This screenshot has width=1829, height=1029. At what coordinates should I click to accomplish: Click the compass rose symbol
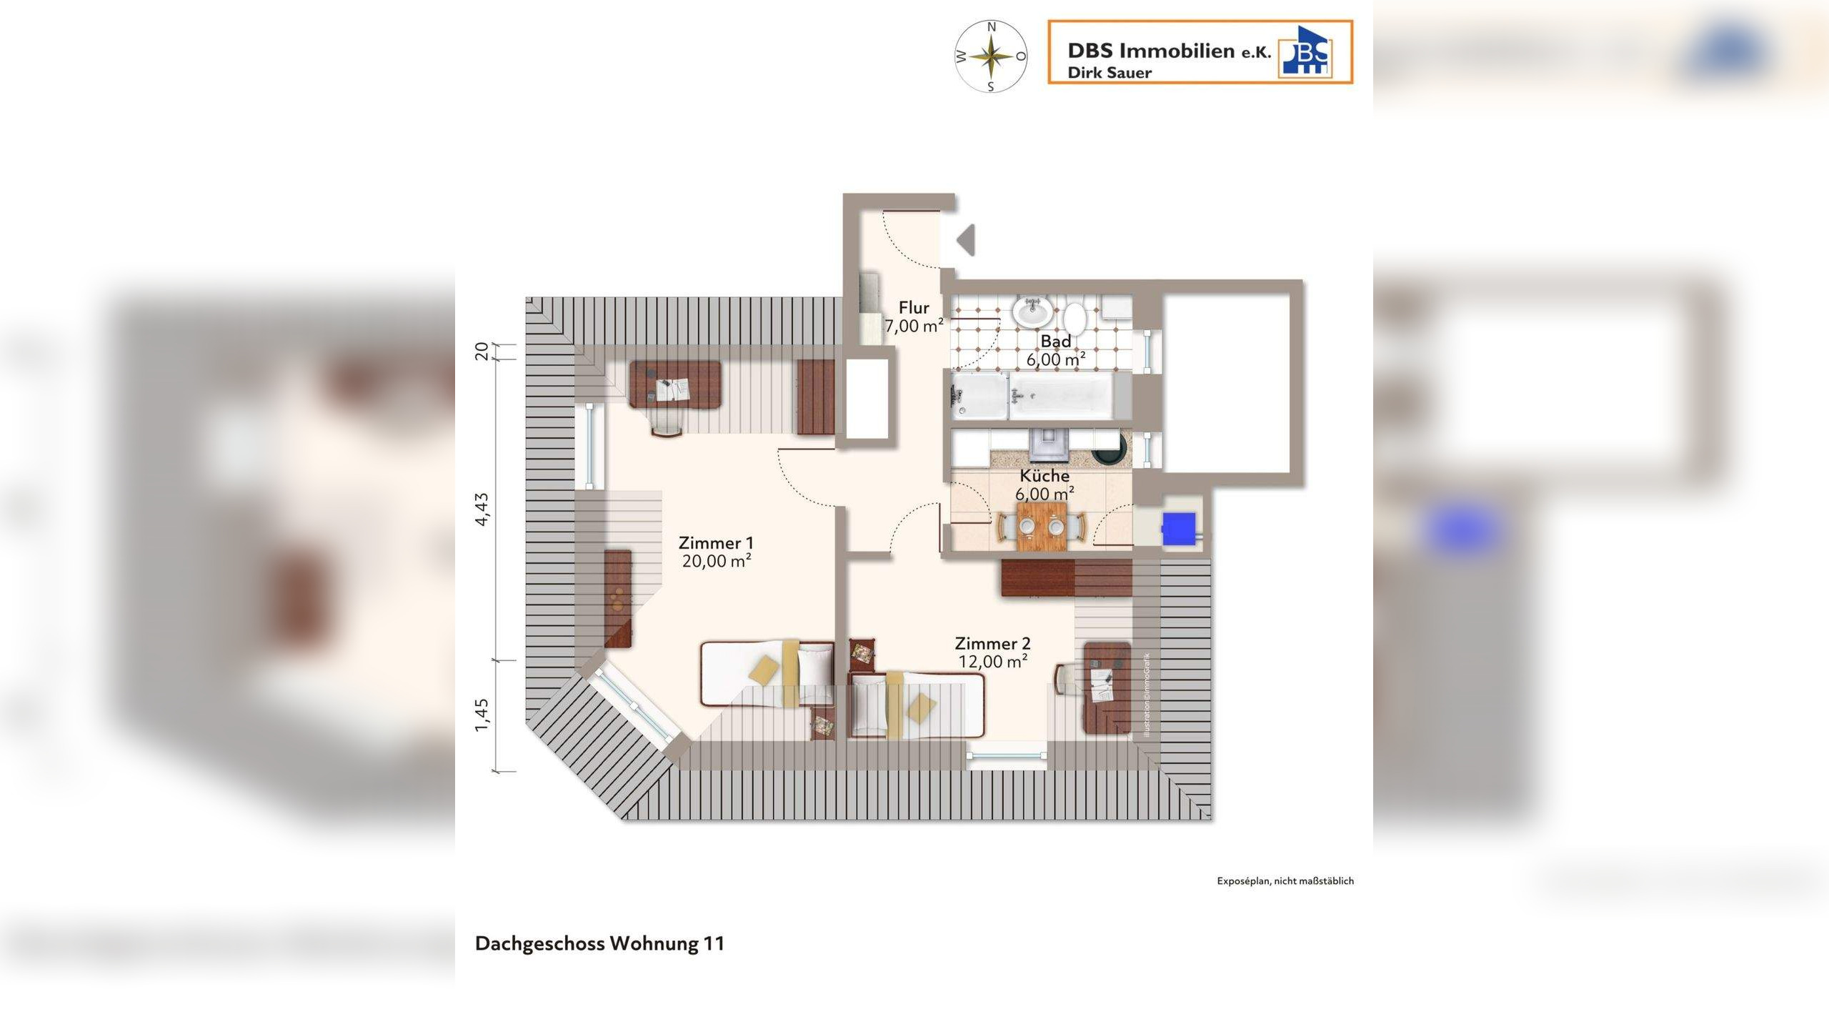[x=991, y=56]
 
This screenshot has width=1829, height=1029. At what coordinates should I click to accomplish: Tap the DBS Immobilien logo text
[x=1169, y=51]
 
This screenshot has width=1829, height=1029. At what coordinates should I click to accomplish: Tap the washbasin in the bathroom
[x=1031, y=312]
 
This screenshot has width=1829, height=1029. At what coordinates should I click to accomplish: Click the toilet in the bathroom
[x=1075, y=317]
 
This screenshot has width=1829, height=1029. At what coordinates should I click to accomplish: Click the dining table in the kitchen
[x=1042, y=526]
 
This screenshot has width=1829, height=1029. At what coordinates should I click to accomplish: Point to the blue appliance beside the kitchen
[x=1178, y=529]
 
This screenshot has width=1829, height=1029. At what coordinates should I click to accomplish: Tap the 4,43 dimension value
[x=483, y=509]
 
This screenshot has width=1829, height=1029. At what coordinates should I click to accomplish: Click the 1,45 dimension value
[x=483, y=715]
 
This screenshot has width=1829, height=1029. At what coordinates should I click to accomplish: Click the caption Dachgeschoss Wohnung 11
[x=599, y=943]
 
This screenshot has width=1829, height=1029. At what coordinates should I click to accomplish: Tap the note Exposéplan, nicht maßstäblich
[x=1285, y=881]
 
